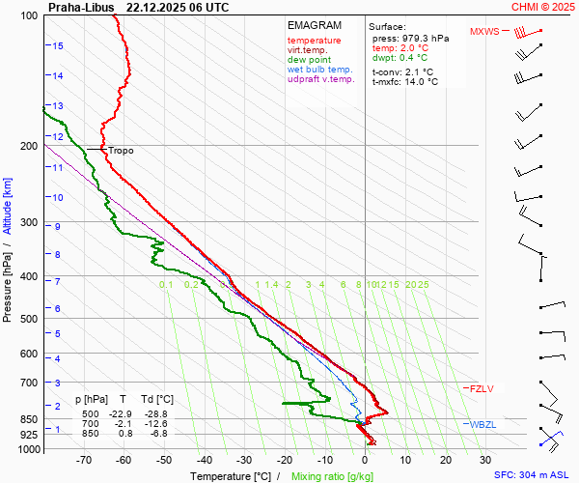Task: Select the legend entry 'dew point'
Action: [x=309, y=60]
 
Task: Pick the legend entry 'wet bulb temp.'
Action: [x=319, y=71]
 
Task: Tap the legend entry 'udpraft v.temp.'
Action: [x=322, y=80]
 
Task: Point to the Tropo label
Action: [x=121, y=151]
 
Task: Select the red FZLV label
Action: [x=482, y=388]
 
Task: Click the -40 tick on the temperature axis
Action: [x=205, y=460]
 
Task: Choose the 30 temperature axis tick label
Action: [x=485, y=460]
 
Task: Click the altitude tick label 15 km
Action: [x=58, y=45]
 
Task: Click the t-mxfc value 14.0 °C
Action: [x=420, y=82]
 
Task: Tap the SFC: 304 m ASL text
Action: [x=533, y=475]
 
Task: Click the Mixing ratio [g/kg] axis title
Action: [x=333, y=476]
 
